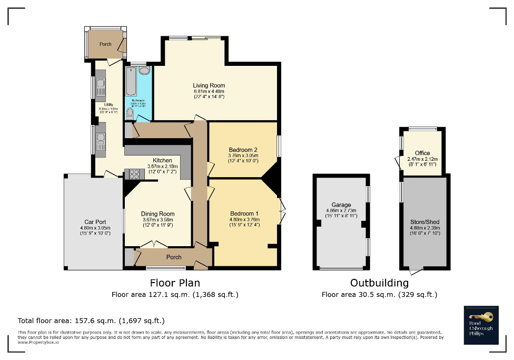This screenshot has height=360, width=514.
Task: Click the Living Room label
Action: click(x=209, y=85)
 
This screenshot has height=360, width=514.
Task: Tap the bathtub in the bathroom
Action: click(x=131, y=82)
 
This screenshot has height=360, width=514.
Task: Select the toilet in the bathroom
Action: click(x=130, y=113)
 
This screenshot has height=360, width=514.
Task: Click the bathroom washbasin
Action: click(x=145, y=70)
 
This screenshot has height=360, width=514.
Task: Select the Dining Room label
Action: click(x=157, y=214)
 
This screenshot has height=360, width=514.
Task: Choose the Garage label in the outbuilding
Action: click(x=341, y=205)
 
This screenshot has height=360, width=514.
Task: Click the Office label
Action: click(x=422, y=153)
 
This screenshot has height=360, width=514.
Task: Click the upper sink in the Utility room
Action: click(x=100, y=86)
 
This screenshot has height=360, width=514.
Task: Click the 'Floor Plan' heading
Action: click(x=174, y=283)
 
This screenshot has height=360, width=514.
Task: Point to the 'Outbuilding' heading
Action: click(x=379, y=283)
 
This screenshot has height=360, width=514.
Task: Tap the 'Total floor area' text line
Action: click(x=92, y=320)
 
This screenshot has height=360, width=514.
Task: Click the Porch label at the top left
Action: click(x=105, y=44)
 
